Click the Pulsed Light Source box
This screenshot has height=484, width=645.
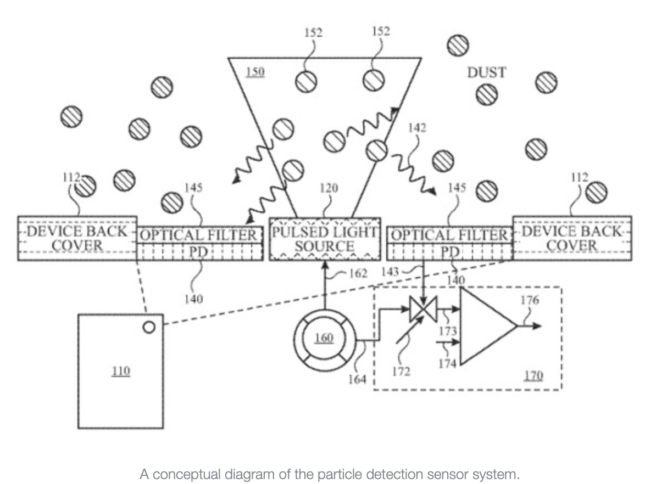coord(325,239)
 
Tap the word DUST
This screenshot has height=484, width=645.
coord(486,72)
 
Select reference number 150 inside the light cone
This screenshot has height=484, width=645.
coord(255,71)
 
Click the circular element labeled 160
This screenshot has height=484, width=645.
coord(325,340)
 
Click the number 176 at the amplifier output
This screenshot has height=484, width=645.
coord(530,300)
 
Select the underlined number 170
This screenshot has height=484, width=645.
coord(533,375)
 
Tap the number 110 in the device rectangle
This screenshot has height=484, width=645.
coord(120,370)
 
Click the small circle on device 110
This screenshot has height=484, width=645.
coord(149,327)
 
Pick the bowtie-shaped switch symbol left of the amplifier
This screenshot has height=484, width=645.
coord(423,308)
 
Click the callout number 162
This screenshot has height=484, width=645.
coord(358,273)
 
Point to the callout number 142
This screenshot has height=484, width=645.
coord(416,128)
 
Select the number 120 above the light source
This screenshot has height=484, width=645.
coord(329,188)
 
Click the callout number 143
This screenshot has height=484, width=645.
coord(390,272)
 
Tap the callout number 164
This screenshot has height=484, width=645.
coord(357,379)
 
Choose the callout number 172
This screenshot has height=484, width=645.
coord(401,372)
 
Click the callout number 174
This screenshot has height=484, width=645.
coord(447,364)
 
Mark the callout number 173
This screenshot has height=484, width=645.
coord(448,331)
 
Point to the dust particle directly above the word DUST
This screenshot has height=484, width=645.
coord(458,45)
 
